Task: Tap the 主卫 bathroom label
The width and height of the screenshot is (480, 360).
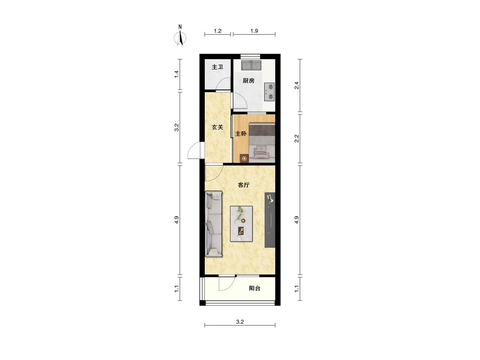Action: coord(218,67)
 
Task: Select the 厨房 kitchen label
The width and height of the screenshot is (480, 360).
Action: coord(249,81)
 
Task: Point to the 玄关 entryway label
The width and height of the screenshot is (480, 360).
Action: coord(218,127)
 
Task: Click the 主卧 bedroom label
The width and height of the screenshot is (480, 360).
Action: coord(241,134)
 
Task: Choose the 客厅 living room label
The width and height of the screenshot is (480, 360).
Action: coord(244,185)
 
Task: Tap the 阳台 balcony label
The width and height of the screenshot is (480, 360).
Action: coord(255,288)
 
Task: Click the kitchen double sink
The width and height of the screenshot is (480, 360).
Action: coord(251,65)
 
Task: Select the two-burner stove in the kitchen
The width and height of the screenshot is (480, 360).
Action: coord(269,92)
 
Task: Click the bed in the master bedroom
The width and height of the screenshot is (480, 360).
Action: coord(262,142)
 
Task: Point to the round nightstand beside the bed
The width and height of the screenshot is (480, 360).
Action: coord(244,158)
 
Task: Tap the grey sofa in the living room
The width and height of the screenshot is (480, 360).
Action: coord(214,224)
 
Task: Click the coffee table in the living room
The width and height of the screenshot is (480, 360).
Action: coord(241,224)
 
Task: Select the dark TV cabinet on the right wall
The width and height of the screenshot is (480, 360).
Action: coord(270,220)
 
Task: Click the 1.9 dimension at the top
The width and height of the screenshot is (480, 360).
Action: coord(254,31)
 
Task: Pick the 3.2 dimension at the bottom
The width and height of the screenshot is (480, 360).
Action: coord(240,322)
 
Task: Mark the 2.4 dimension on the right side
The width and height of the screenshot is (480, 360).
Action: coord(297,85)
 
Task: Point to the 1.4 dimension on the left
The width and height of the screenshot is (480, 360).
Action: coord(176,74)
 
